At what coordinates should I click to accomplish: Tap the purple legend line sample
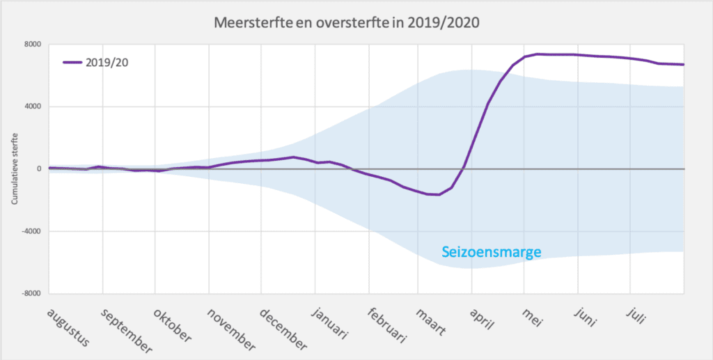[x=72, y=62]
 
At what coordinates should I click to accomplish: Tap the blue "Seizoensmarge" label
[x=491, y=252]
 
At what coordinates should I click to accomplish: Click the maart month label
[x=432, y=320]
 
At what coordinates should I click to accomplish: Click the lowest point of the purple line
[x=437, y=194]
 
